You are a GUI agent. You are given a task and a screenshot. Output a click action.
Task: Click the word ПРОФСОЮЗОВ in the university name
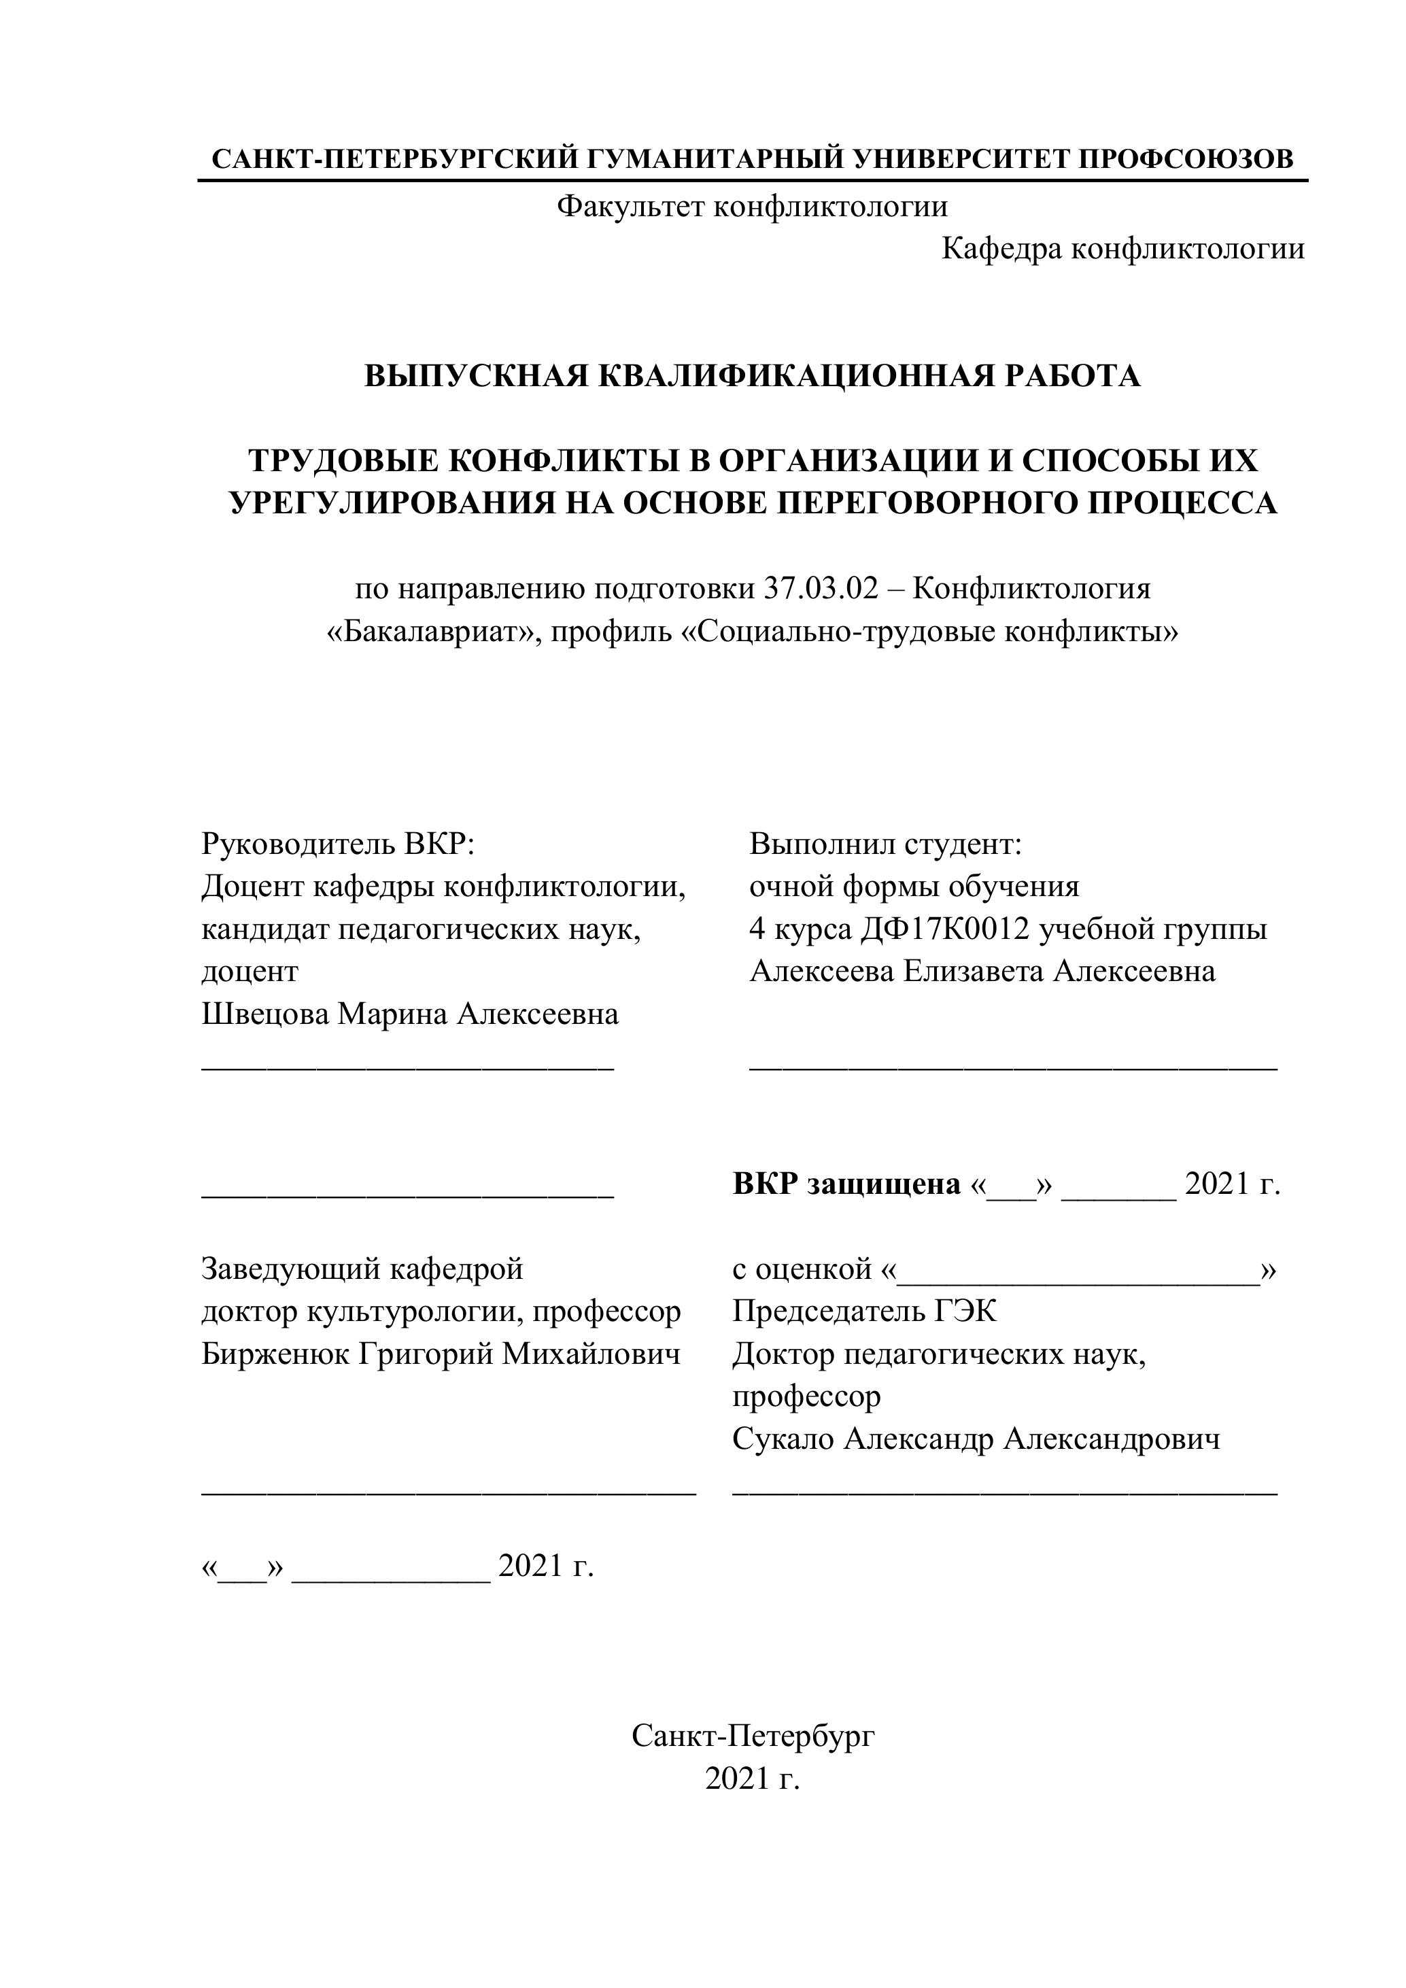point(1186,158)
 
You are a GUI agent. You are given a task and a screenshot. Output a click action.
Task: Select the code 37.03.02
point(820,589)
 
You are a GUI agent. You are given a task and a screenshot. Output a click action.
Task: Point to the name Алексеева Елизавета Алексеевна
point(982,972)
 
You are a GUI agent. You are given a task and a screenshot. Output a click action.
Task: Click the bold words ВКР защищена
point(846,1184)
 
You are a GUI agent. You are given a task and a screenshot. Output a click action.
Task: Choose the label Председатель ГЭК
point(864,1312)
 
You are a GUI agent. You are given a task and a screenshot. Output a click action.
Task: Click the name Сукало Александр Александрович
point(976,1439)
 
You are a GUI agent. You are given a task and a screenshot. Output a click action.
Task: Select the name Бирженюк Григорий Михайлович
point(441,1354)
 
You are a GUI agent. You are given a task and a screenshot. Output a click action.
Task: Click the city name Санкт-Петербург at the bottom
point(753,1735)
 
